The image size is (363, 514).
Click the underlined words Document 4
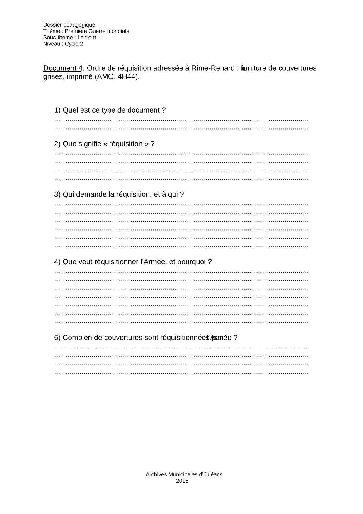pos(62,68)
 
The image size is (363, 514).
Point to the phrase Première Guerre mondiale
pos(97,31)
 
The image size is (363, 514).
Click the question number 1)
pos(57,110)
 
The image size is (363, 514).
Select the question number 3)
pos(57,194)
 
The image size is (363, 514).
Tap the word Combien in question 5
pos(75,338)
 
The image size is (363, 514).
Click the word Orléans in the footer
pos(212,474)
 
